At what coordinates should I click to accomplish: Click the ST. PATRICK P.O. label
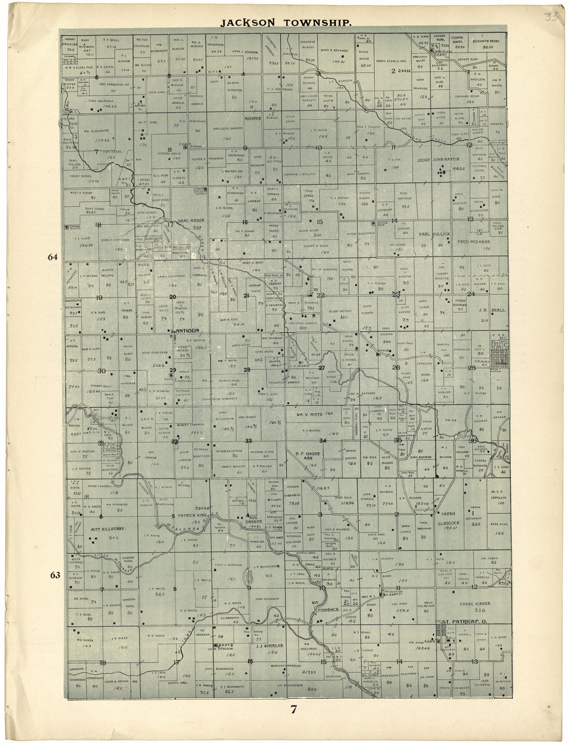pyautogui.click(x=465, y=622)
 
